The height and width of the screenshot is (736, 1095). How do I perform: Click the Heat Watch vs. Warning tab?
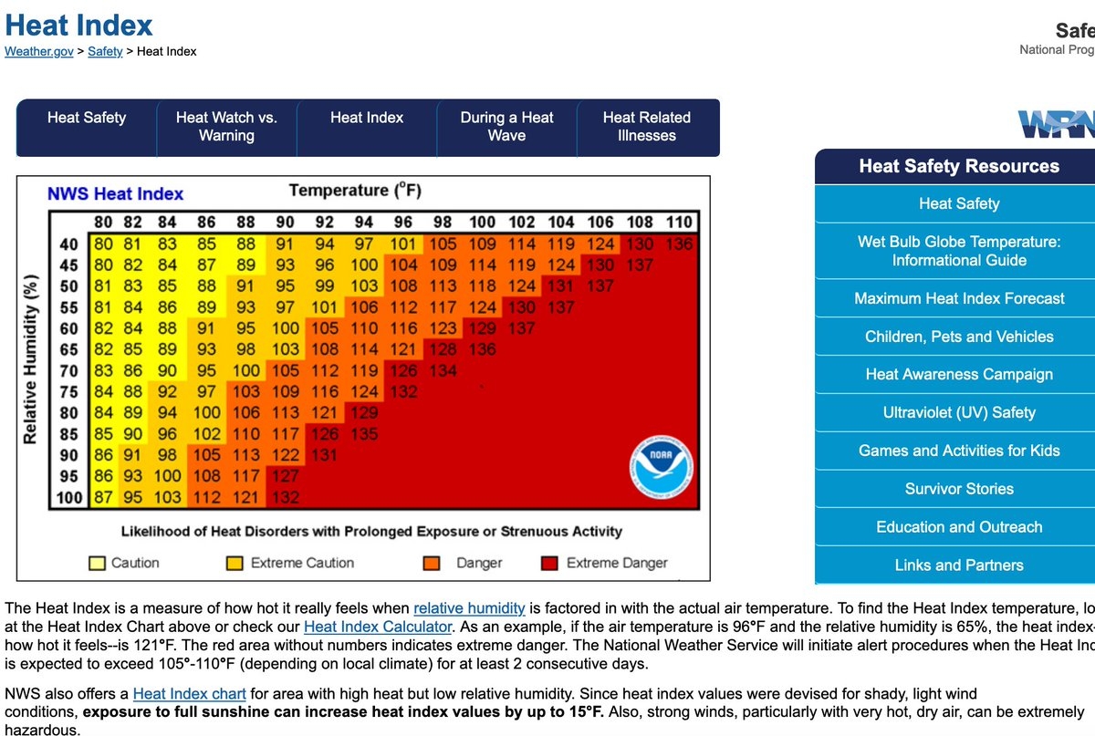(226, 127)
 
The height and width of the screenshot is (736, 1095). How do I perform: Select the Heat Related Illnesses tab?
(646, 127)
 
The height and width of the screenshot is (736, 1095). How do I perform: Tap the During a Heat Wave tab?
(506, 127)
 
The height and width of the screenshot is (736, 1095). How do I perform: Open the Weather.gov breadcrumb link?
(39, 51)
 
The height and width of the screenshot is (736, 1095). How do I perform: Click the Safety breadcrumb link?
(105, 51)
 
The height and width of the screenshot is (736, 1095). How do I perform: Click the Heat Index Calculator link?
(378, 627)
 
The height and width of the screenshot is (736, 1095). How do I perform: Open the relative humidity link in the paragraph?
(469, 608)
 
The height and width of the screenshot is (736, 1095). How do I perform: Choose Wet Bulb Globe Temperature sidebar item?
(959, 251)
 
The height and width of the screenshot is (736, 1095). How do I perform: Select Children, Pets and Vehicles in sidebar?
(959, 337)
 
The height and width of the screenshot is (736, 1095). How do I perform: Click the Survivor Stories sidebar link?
(959, 489)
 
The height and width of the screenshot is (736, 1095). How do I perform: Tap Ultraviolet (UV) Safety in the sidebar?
(959, 412)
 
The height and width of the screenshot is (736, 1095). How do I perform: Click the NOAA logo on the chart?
(661, 468)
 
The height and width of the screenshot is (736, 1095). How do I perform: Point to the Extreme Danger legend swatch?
(550, 563)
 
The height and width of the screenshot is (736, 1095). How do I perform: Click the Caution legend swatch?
(96, 563)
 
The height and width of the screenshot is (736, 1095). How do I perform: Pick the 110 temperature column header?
(679, 223)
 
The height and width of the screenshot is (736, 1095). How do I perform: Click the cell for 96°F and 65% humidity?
(402, 349)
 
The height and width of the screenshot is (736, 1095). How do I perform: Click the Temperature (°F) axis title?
(354, 191)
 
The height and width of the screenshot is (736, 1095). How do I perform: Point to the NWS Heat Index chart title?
(115, 193)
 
